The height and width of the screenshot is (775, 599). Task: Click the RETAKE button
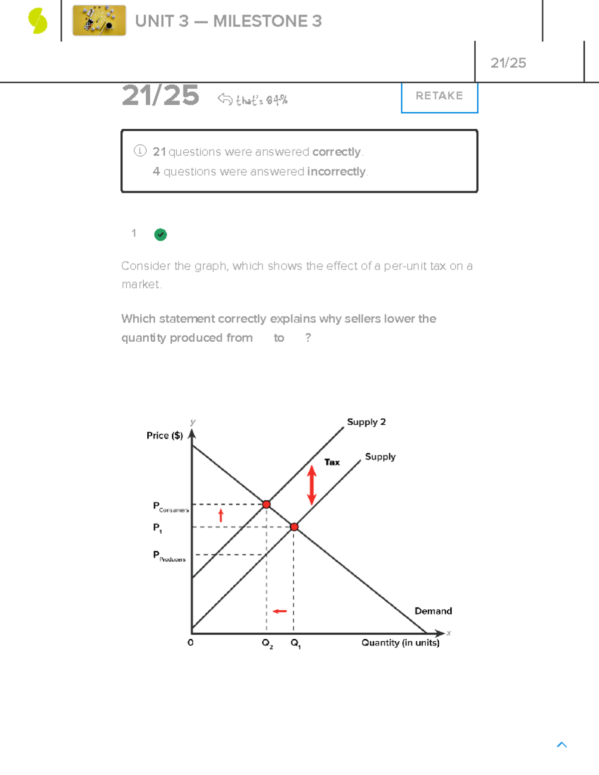439,96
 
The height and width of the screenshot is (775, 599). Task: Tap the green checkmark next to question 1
160,235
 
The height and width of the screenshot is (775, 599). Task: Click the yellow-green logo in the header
38,21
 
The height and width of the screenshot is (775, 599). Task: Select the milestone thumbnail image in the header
99,21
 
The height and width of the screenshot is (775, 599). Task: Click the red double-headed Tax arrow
312,485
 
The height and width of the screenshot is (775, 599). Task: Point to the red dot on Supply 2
267,505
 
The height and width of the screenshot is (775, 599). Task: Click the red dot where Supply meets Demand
294,527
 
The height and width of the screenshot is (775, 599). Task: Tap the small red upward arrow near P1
221,515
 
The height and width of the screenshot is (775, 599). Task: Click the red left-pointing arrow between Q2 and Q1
280,611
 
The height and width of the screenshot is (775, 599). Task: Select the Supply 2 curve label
366,422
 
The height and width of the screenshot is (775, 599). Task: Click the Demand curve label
433,611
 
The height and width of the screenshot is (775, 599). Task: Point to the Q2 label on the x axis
268,643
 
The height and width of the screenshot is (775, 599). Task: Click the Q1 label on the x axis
296,643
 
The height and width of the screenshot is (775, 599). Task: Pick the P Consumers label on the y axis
170,507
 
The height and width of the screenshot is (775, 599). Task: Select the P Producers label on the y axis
169,556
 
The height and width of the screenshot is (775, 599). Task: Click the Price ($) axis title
165,436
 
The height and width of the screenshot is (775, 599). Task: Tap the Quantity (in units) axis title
400,643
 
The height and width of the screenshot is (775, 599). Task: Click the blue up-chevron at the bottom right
562,745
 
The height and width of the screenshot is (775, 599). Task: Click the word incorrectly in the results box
337,172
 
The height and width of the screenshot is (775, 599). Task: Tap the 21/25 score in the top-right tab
508,63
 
